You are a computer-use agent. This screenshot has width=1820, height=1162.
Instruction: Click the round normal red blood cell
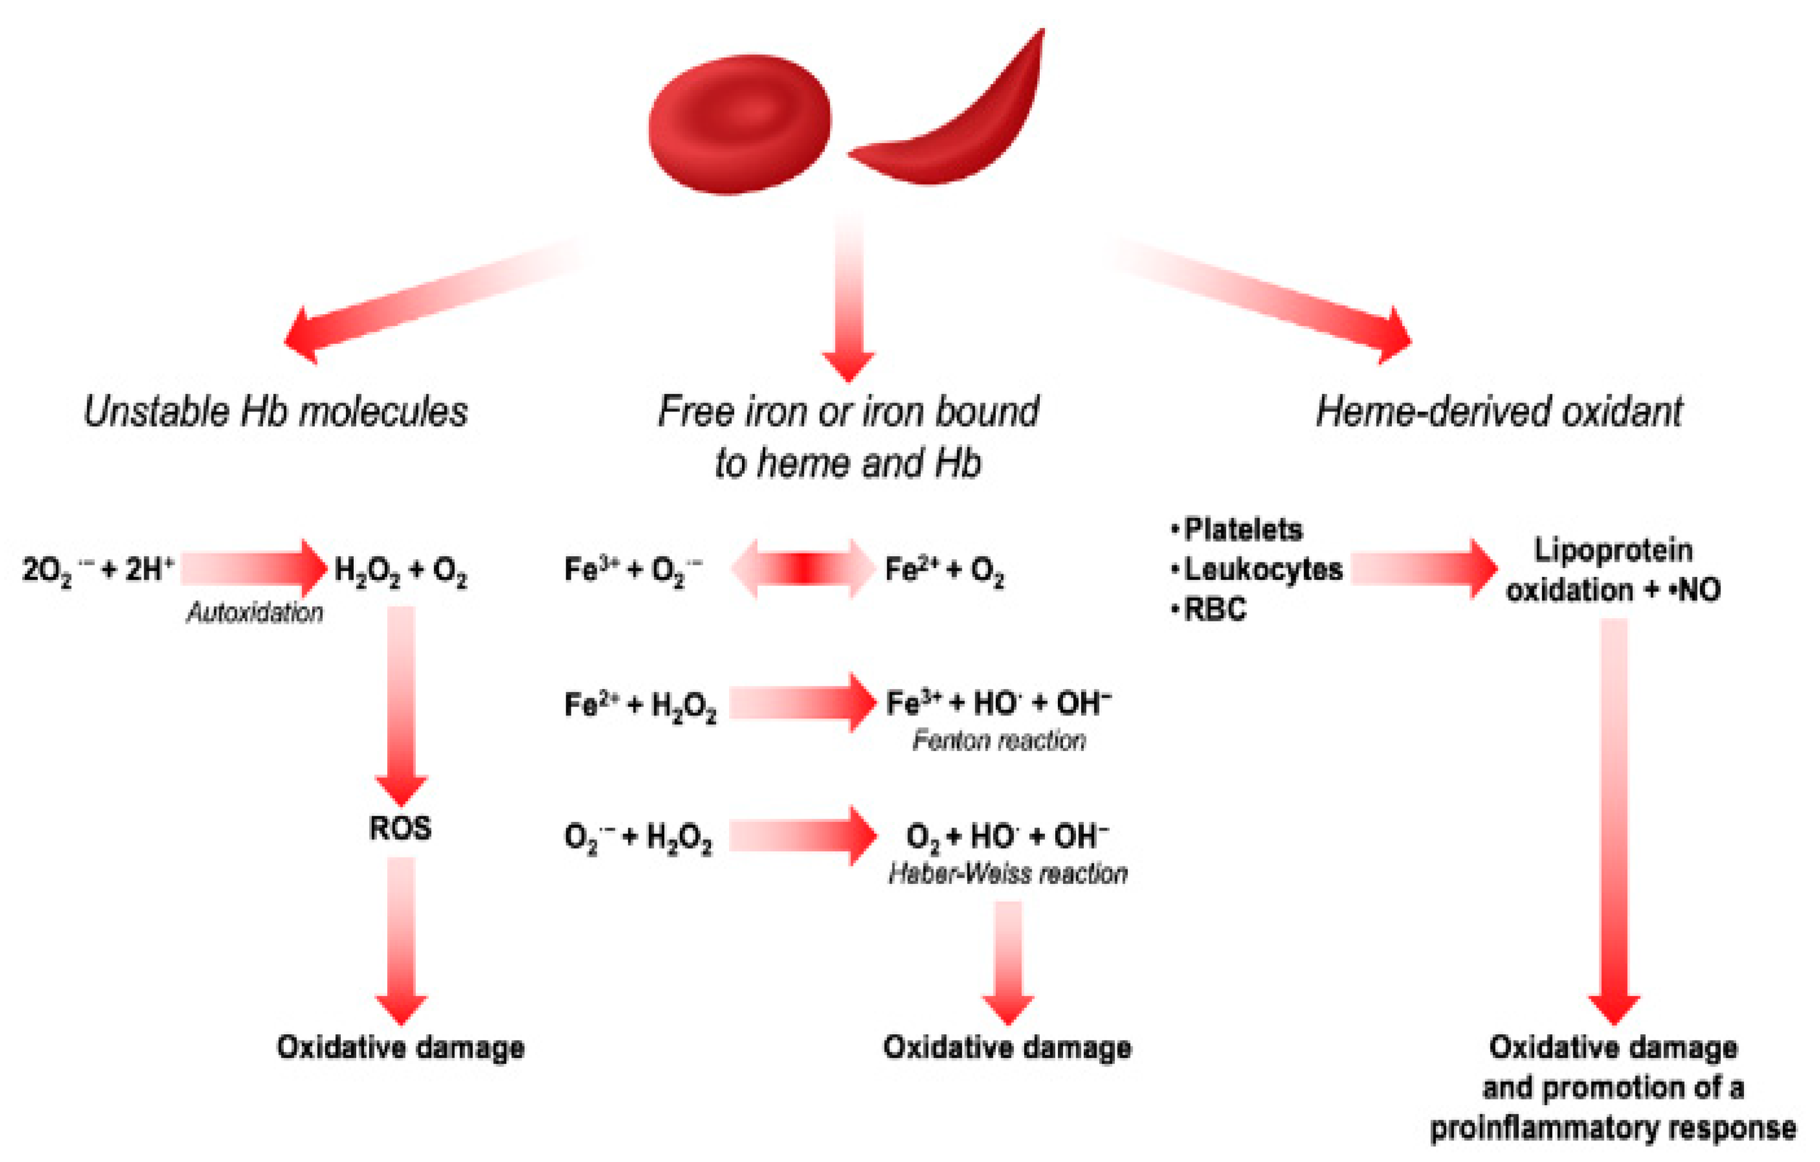[x=739, y=125]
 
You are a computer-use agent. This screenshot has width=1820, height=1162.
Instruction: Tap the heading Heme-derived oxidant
[x=1499, y=412]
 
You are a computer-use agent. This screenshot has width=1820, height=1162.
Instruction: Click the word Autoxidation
[x=255, y=612]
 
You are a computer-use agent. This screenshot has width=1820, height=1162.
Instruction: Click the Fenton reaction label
[x=998, y=740]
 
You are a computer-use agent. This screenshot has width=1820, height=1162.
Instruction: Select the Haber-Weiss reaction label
[x=1008, y=874]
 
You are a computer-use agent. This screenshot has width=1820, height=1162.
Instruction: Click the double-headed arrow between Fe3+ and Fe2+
[x=802, y=569]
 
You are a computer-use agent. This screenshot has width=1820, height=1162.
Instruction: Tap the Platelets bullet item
[x=1242, y=530]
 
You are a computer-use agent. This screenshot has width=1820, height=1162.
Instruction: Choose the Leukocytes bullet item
[x=1262, y=569]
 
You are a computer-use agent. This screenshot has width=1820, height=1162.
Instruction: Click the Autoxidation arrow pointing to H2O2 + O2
[x=253, y=568]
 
